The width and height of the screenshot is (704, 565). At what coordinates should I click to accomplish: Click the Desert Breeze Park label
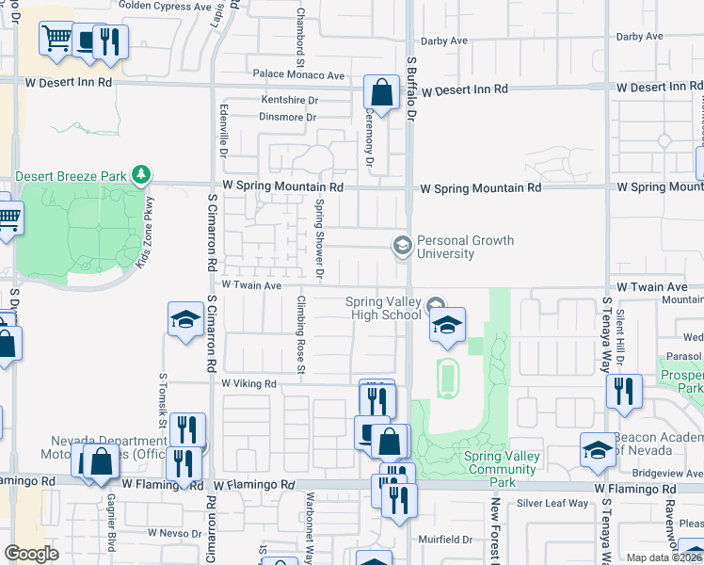tap(71, 175)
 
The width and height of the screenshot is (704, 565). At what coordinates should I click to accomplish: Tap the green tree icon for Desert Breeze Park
tap(140, 174)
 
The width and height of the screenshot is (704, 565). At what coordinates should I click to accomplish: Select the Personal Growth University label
tap(465, 247)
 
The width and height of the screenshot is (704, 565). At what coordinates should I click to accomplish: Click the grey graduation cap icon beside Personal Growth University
tap(402, 246)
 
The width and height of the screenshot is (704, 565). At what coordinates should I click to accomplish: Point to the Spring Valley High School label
tap(383, 308)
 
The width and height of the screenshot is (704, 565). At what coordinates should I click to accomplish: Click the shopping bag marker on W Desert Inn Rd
tap(381, 93)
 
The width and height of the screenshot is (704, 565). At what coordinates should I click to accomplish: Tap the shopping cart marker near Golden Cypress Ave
tap(56, 39)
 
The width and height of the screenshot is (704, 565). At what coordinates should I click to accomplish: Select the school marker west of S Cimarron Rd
tap(185, 319)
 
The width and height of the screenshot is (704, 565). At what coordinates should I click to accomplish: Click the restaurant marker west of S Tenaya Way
tap(623, 390)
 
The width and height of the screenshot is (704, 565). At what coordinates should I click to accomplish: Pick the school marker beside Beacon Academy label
tap(597, 448)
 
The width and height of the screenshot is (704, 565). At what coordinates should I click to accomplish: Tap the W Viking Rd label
tap(249, 384)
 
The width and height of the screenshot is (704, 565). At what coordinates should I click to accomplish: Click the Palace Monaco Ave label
tap(297, 75)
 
